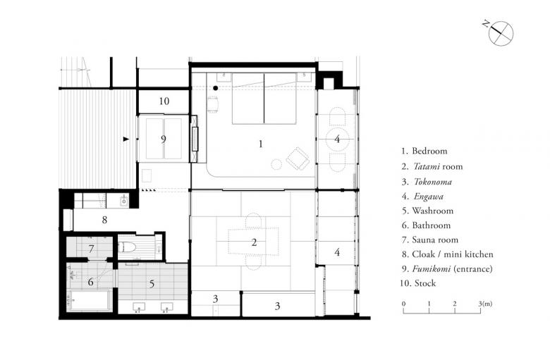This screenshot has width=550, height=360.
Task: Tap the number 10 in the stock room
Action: tap(164, 101)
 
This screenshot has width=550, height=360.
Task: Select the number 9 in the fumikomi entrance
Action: tap(163, 139)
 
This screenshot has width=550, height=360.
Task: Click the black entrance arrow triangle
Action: tap(126, 139)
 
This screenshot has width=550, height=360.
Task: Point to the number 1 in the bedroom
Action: tap(260, 144)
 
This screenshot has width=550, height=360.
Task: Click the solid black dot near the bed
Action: tap(215, 88)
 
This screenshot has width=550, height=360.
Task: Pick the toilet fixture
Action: tap(127, 247)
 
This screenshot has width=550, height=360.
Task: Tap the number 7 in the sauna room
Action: tap(91, 249)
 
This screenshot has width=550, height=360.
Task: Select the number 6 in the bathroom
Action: tap(90, 282)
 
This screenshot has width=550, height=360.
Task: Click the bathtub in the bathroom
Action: tap(90, 300)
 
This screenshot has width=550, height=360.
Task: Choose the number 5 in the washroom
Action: tap(152, 284)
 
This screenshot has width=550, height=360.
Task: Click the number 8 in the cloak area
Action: tap(104, 220)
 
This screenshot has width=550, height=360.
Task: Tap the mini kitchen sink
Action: tap(124, 201)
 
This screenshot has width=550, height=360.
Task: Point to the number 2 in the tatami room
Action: tap(254, 242)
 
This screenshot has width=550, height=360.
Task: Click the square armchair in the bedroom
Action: tap(298, 159)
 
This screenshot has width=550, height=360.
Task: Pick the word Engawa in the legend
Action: tap(428, 197)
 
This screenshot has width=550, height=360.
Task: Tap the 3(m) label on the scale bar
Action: tap(485, 304)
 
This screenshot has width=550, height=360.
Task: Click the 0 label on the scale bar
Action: tap(404, 304)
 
